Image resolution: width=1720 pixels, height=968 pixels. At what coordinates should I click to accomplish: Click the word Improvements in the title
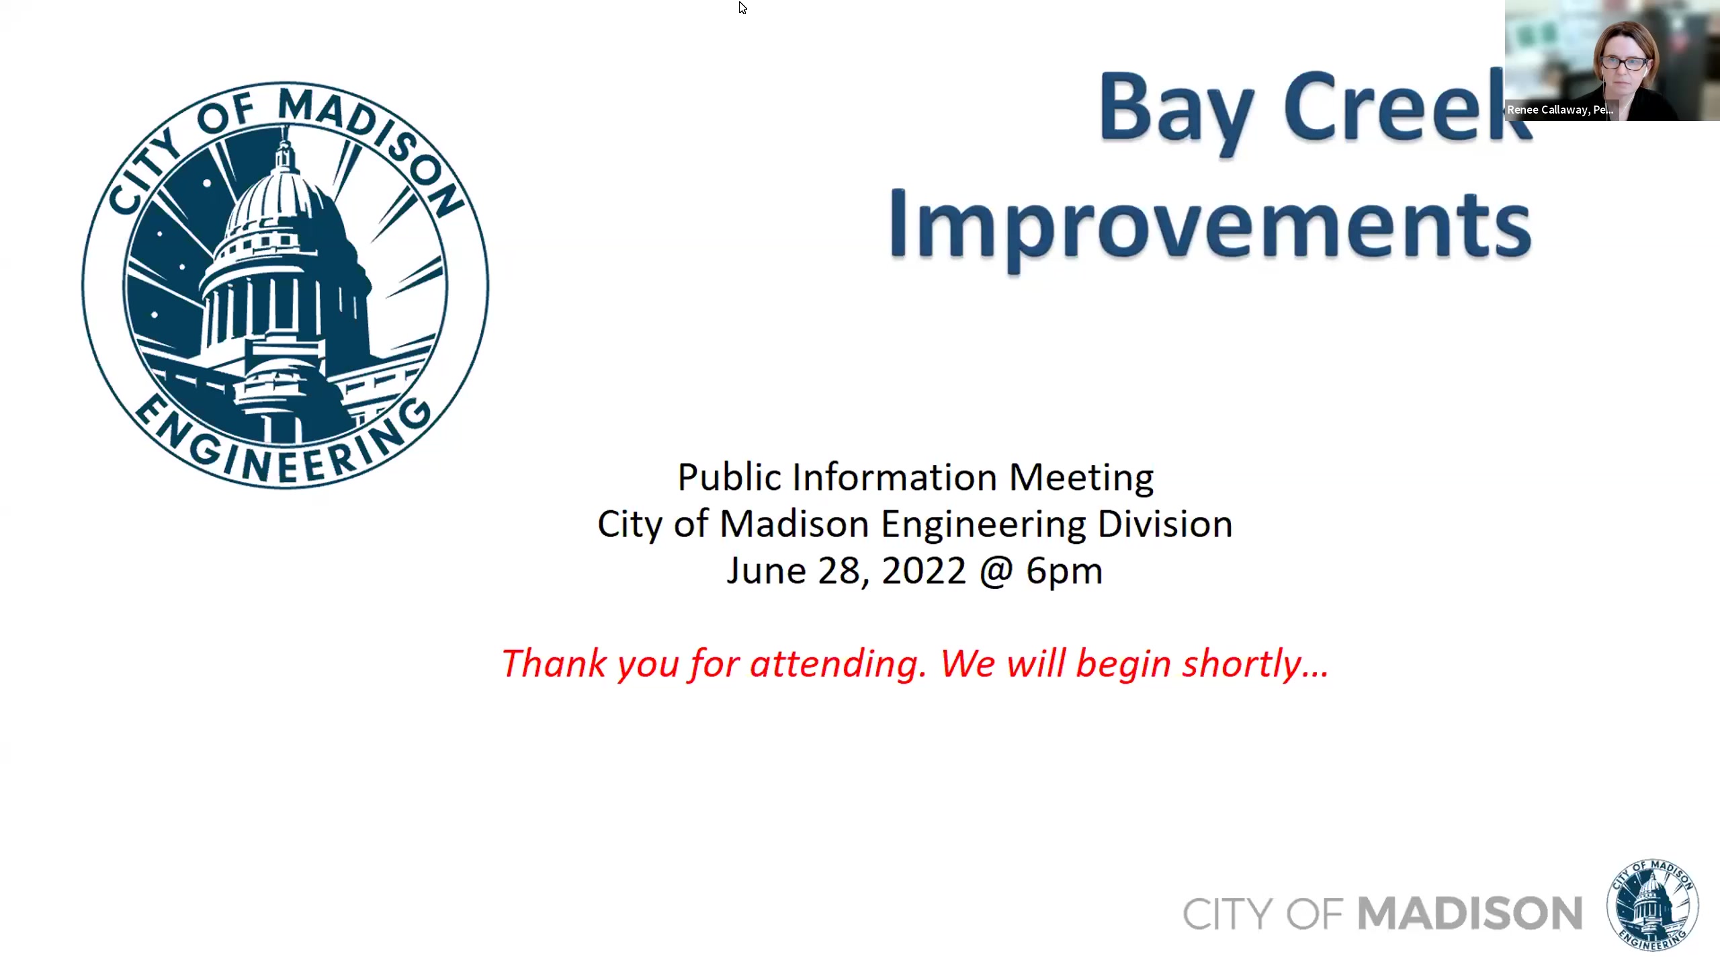[1209, 225]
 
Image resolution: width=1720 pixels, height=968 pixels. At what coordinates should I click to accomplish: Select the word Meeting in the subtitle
[1081, 478]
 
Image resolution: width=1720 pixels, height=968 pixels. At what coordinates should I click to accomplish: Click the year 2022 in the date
[923, 571]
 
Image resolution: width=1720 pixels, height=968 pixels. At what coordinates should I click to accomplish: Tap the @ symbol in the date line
[996, 571]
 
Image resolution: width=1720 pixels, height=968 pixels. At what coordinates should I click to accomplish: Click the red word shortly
[1255, 664]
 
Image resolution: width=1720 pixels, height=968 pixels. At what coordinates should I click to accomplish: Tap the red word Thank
[554, 664]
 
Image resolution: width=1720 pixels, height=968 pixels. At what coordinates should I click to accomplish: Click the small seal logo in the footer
[1652, 905]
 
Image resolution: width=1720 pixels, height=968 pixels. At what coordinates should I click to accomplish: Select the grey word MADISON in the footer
[1469, 914]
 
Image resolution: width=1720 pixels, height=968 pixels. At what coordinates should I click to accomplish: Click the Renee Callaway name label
[1559, 110]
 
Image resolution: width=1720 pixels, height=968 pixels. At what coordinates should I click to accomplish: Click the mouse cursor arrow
[742, 7]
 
